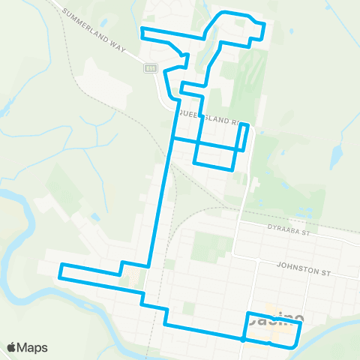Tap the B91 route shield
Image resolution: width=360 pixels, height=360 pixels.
tap(150, 68)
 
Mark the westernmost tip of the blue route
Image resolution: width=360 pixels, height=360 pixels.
tap(59, 271)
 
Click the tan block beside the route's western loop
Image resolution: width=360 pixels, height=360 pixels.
tap(133, 280)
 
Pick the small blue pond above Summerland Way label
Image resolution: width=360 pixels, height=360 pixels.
tap(102, 22)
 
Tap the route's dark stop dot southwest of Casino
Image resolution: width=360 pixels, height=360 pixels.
tap(243, 339)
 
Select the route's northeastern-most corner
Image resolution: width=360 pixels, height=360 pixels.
tap(264, 24)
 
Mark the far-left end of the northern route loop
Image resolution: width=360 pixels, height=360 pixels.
tap(142, 32)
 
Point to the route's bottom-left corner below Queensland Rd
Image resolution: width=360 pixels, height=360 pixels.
tap(195, 162)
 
